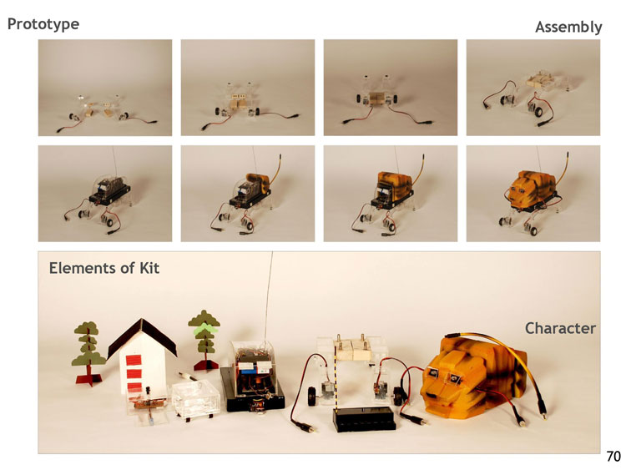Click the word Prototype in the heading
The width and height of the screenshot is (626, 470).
[43, 24]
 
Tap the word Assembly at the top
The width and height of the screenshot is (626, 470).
[568, 28]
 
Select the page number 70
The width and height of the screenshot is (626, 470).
[613, 456]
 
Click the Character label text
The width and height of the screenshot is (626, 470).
[560, 328]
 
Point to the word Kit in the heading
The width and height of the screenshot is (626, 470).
[149, 268]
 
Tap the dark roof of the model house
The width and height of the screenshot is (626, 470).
[142, 336]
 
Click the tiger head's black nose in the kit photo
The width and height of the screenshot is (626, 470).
[432, 396]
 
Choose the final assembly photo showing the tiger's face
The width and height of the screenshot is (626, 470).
[533, 194]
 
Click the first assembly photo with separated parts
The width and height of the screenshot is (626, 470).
[105, 88]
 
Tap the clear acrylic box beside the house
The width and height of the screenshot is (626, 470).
[195, 398]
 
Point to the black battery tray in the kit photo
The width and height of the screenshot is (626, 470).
[364, 418]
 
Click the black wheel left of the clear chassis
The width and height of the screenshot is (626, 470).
[312, 396]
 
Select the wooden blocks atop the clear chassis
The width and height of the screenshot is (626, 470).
[352, 350]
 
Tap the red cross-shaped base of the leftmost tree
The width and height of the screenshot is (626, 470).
[88, 379]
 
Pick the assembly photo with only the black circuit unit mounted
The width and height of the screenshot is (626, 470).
[105, 194]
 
